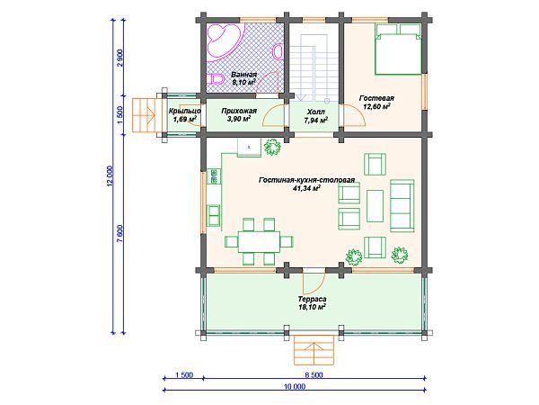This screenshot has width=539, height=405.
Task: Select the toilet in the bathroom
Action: coord(216,79)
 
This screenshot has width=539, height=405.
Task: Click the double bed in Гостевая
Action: coord(398,49)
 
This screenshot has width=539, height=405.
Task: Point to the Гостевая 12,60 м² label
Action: coord(376,103)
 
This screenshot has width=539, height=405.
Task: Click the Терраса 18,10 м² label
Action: coord(312,302)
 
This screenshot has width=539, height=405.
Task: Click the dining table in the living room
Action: coord(260,242)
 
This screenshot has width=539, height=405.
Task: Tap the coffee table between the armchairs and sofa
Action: coord(375,205)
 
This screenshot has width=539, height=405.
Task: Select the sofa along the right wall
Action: coord(402,205)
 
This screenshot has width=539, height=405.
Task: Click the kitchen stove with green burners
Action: coord(215,175)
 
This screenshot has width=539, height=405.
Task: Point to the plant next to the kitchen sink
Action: coord(272,148)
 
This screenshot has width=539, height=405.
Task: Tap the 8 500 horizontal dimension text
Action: coord(314,374)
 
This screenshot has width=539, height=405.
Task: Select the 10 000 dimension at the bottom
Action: coord(295,386)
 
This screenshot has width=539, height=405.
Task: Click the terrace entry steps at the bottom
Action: coord(314,350)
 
